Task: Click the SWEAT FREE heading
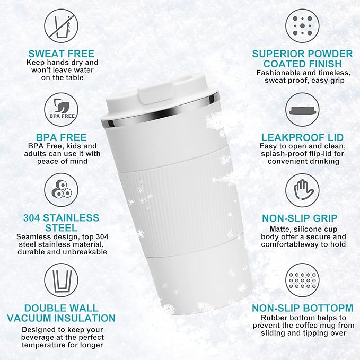coord(61,54)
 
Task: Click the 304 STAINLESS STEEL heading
coord(61,223)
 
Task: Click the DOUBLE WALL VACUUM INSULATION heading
coord(61,313)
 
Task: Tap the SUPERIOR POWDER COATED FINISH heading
coord(302,59)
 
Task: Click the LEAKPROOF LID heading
coord(302,137)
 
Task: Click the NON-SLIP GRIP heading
coord(302,218)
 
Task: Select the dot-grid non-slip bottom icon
coord(302,279)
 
